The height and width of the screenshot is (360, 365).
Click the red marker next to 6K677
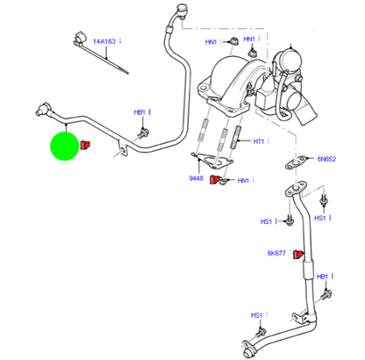pos(297,254)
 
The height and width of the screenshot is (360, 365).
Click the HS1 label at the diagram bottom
pos(257,314)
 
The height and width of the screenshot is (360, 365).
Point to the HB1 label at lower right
pos(322,276)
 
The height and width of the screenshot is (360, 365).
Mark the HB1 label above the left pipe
pos(140,112)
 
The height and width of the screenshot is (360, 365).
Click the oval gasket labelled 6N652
pos(292,164)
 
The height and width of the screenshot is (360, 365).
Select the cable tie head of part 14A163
pos(78,40)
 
